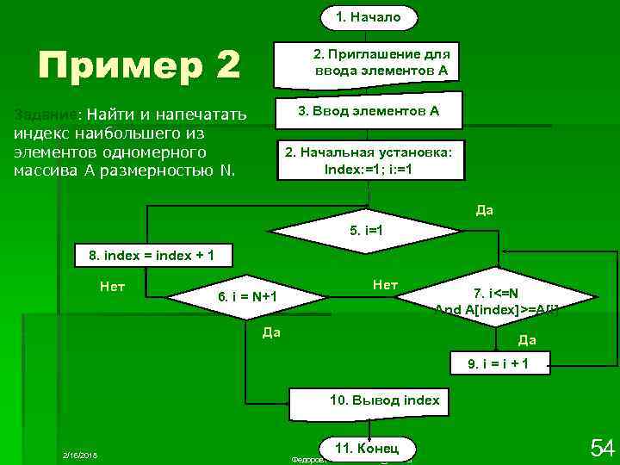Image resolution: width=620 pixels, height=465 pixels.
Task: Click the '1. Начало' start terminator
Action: pos(368,16)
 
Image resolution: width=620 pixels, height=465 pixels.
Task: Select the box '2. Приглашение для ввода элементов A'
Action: pos(368,63)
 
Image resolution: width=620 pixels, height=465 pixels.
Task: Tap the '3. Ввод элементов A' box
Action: pos(368,111)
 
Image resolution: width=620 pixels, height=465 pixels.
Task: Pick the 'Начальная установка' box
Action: pos(368,160)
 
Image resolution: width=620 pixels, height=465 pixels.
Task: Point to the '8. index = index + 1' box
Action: pos(146,256)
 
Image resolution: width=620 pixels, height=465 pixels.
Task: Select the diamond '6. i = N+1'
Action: pos(247,298)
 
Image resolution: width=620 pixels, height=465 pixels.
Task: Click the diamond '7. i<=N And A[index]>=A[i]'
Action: pos(496,298)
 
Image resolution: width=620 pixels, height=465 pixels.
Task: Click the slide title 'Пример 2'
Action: pos(139,65)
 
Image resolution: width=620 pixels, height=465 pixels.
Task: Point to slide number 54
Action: pos(600,448)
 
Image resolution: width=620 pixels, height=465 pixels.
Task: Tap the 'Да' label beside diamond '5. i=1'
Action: pos(484,210)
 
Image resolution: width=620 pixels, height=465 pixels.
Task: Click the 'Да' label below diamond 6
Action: pos(271,332)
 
